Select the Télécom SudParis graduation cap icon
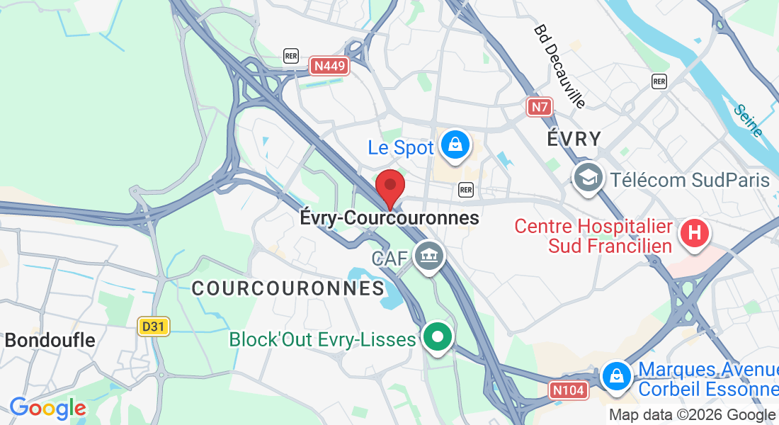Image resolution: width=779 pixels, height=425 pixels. tap(588, 177)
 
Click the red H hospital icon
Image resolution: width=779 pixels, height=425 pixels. tap(695, 234)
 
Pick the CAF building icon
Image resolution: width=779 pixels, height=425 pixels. tap(428, 255)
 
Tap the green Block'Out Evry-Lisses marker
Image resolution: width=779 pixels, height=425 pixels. tap(438, 337)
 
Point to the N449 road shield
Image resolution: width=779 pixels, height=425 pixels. tap(330, 67)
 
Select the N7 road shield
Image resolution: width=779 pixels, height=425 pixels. tap(540, 107)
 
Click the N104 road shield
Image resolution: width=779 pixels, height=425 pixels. tap(569, 390)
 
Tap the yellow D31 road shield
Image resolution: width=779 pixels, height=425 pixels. tap(153, 327)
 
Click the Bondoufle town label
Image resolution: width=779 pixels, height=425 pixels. tap(50, 340)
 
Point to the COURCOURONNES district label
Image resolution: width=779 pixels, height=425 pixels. tap(288, 288)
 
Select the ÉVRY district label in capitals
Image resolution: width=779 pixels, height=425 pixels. tap(574, 139)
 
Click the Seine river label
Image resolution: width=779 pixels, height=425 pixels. tap(748, 121)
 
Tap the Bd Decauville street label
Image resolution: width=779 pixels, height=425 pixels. tap(560, 67)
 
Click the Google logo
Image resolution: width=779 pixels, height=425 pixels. tap(47, 409)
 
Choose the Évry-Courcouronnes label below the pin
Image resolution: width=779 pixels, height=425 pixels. tap(389, 218)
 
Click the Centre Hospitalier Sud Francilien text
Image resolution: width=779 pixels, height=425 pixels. tap(593, 236)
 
